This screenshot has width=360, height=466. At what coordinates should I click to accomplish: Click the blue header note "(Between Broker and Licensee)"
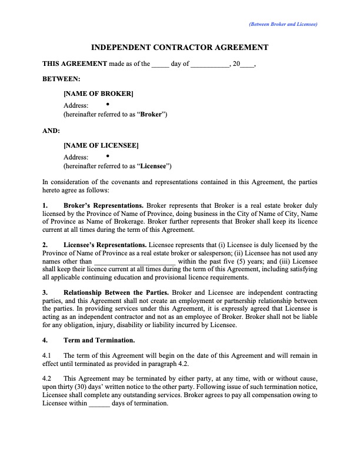(283, 25)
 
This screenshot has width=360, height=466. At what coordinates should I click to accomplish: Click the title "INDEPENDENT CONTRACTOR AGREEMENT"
(180, 48)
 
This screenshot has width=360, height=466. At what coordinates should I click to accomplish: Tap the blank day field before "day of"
(160, 64)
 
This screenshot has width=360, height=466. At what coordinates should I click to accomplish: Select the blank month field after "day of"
(209, 64)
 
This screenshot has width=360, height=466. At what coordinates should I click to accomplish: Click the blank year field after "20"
(248, 64)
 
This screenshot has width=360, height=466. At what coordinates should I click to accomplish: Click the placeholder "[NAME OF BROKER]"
(98, 94)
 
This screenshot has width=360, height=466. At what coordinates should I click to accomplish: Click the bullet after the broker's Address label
(109, 104)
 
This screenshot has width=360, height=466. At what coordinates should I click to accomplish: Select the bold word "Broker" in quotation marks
(152, 114)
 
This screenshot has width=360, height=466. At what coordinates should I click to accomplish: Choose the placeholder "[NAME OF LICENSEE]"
(101, 145)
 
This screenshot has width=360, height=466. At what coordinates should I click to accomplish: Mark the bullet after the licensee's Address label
(109, 156)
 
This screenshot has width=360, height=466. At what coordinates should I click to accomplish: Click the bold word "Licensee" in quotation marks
(154, 166)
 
